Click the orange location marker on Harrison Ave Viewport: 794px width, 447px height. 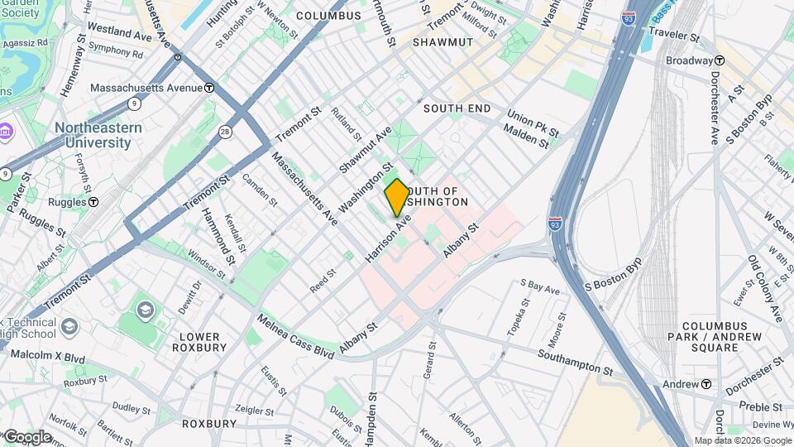click(x=396, y=197)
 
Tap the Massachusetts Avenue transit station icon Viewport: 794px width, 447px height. click(x=210, y=88)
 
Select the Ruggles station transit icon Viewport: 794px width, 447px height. click(x=93, y=201)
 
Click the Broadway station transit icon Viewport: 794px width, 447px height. click(x=720, y=60)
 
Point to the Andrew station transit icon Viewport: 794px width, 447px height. click(x=706, y=384)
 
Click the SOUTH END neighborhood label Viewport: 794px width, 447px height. click(x=457, y=108)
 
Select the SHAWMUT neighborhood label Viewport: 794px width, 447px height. click(x=442, y=41)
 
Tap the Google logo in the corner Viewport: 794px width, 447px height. click(x=26, y=436)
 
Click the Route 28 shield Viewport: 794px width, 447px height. click(x=225, y=132)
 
